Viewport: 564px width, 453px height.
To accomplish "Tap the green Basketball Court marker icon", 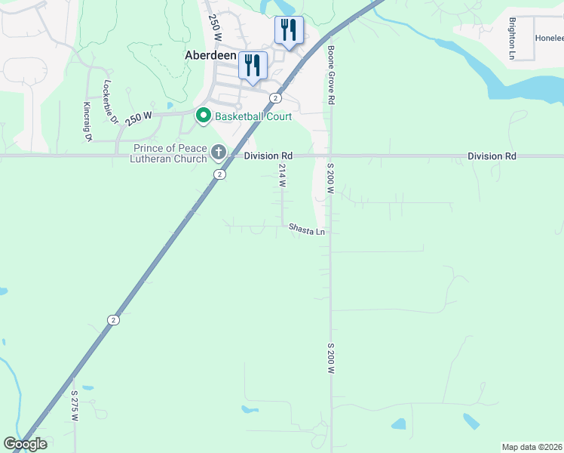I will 203,116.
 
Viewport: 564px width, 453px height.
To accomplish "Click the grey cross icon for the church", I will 219,153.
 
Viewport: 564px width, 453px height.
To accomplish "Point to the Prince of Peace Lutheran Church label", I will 170,153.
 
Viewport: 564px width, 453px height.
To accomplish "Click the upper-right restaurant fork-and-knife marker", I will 289,31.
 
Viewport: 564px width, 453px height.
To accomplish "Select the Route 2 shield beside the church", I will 219,174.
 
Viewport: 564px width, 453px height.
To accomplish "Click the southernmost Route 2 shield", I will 113,319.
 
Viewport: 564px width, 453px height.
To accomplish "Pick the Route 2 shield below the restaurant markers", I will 276,98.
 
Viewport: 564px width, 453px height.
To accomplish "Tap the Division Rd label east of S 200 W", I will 492,156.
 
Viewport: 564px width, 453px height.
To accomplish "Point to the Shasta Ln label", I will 307,230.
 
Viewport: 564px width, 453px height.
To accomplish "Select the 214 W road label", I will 283,175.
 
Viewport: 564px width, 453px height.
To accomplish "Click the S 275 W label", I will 75,405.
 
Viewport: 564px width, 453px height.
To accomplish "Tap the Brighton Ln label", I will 512,39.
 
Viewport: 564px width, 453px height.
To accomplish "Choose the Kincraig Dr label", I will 87,122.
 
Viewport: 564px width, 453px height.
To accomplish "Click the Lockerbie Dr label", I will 111,102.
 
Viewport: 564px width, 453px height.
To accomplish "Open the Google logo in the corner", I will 25,444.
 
